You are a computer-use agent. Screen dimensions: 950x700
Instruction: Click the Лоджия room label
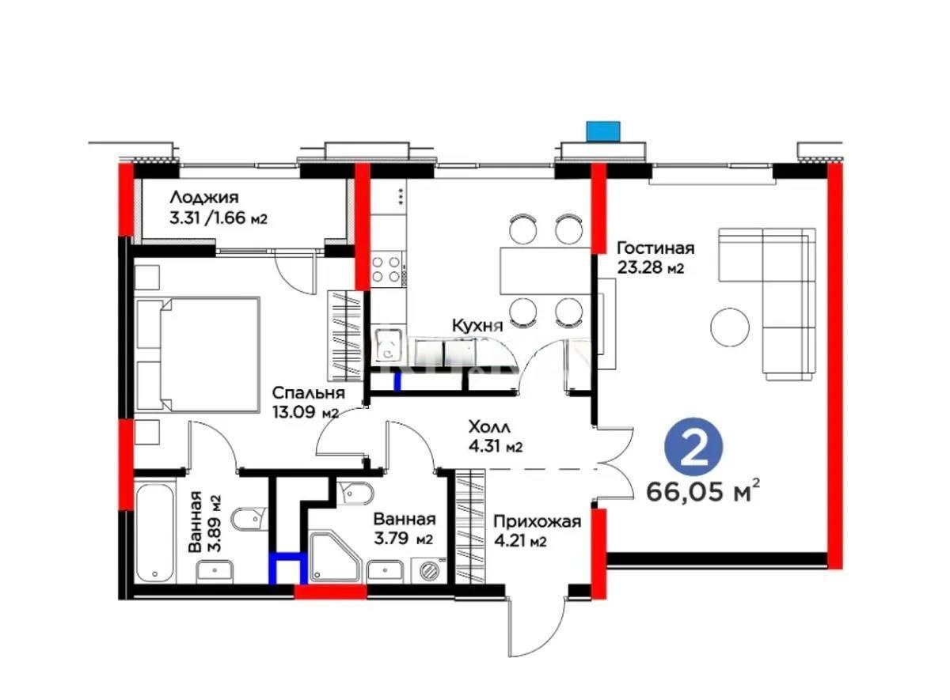[204, 198]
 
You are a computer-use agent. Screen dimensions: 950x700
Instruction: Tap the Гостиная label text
[655, 248]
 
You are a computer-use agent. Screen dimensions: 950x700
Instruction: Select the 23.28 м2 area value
[651, 268]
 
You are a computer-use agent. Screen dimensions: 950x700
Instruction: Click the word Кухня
[477, 326]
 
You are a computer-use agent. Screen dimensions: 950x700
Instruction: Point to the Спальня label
[308, 393]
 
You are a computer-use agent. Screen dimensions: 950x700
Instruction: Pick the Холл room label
[489, 426]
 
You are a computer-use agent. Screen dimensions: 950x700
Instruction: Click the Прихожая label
[537, 521]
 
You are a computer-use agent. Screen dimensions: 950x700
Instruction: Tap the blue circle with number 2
[693, 446]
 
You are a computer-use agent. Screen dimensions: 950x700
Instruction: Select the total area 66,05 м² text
[703, 492]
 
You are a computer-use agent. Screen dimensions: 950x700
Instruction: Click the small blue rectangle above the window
[603, 131]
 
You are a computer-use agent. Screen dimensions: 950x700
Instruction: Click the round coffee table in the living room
[730, 327]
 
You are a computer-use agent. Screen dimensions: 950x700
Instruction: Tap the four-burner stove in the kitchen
[386, 269]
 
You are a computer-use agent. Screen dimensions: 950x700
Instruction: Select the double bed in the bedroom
[197, 354]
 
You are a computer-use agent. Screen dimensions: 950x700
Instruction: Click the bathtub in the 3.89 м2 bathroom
[156, 534]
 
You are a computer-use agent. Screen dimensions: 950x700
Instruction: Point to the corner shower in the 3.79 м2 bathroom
[335, 557]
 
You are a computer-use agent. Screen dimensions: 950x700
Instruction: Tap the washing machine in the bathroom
[429, 570]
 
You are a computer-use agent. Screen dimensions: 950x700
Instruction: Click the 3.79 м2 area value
[403, 539]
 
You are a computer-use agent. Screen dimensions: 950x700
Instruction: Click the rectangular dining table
[545, 271]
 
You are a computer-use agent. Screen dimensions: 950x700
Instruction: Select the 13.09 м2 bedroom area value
[306, 412]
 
